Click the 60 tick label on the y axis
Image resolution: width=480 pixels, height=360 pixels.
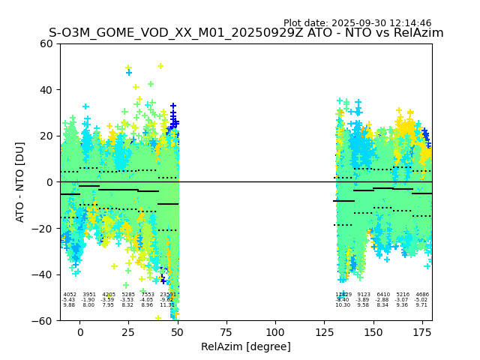pos(46,43)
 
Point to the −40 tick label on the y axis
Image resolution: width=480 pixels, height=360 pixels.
pos(43,274)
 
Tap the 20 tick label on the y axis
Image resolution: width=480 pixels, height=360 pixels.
pos(46,136)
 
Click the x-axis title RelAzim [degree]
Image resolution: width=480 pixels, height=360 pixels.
pos(246,346)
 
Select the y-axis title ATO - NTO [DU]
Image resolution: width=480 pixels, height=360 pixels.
pos(20,182)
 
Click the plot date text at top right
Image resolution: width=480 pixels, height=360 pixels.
pos(357,23)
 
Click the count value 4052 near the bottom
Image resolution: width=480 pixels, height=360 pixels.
pos(70,295)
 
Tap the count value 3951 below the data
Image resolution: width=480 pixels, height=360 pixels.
pos(89,295)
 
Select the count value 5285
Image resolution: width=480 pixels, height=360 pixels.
pos(128,295)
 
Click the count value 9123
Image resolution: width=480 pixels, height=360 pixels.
pos(364,295)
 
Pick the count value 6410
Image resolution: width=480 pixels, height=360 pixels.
pos(383,295)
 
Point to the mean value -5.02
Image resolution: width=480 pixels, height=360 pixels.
pos(422,300)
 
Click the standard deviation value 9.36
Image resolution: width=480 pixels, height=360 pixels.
pos(403,305)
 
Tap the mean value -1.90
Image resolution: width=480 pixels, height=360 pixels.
pos(89,300)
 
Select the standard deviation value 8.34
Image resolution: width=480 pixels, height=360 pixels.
pos(383,305)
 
